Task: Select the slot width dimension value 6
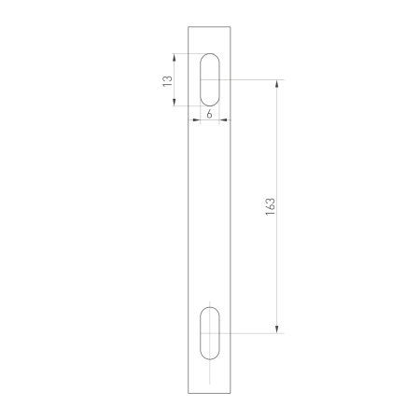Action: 211,113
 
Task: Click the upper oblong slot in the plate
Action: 211,80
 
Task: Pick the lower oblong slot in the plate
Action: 211,332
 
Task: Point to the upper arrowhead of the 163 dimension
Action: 277,85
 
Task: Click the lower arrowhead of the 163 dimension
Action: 277,328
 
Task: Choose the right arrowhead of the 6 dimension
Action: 225,120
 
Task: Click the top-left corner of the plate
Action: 189,27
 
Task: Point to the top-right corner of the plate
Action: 234,27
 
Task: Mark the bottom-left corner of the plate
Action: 189,393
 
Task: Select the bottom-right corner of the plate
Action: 234,393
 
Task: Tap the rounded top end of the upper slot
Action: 211,56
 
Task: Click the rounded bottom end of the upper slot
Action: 211,105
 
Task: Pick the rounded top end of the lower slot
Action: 211,307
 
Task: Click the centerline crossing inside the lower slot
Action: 211,332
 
